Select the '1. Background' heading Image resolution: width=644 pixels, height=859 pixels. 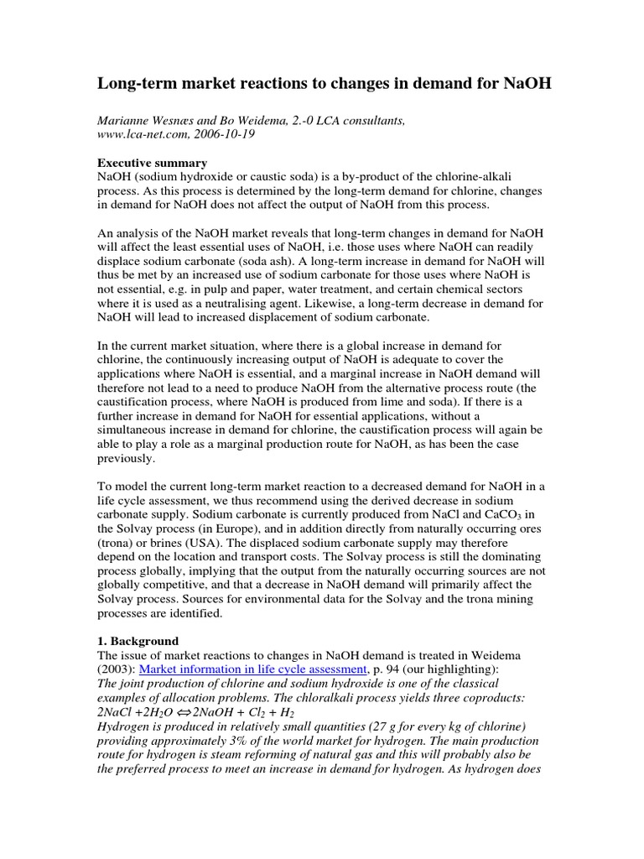click(x=138, y=641)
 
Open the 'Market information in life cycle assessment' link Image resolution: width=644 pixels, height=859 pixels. click(x=253, y=669)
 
